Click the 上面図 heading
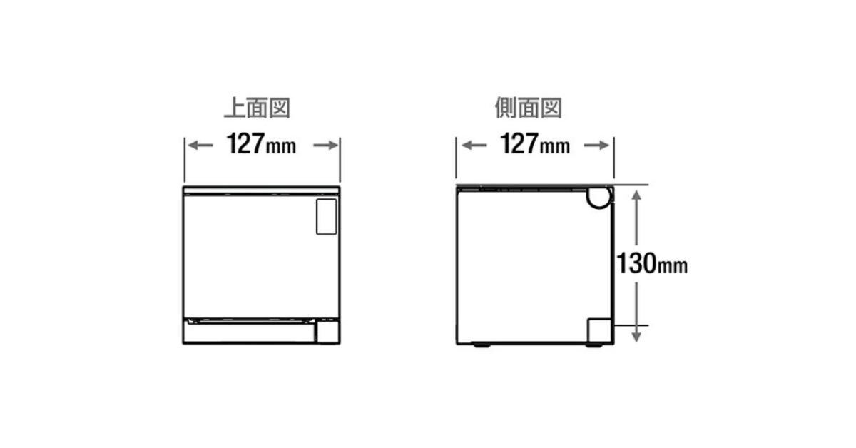(x=258, y=108)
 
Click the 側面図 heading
(x=529, y=108)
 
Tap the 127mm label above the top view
(x=261, y=144)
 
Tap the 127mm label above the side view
(x=535, y=144)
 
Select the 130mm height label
(x=652, y=263)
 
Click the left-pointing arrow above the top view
(x=200, y=146)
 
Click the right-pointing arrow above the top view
(x=326, y=146)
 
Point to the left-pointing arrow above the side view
(x=474, y=146)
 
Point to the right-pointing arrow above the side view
(x=596, y=146)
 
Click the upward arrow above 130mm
(x=636, y=218)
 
